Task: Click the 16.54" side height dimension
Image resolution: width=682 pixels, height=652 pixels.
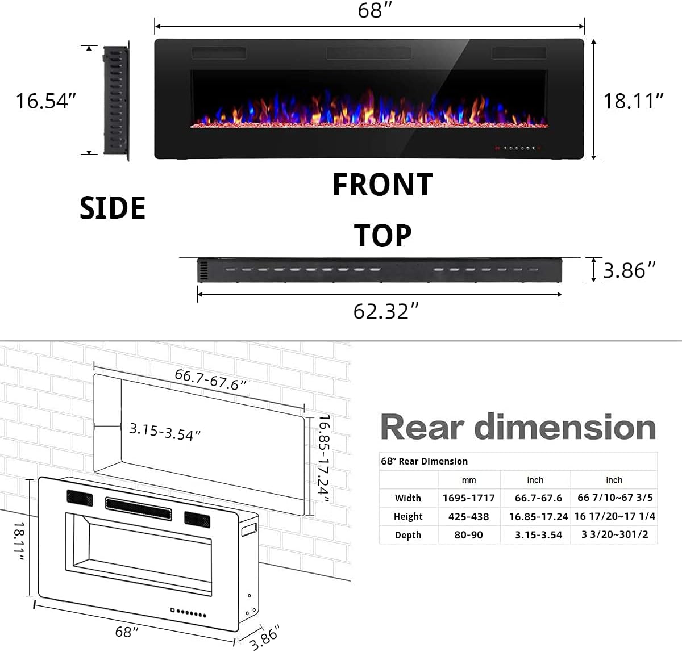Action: pos(45,101)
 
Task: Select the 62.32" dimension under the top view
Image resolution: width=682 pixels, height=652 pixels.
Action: pos(386,311)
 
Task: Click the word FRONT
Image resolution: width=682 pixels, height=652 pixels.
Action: pos(382,185)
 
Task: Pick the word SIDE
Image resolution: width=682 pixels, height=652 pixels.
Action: pos(113,208)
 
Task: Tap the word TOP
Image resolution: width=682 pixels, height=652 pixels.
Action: pos(382,236)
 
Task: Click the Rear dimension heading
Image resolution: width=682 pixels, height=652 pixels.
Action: pos(518,427)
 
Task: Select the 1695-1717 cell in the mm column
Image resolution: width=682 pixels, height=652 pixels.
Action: pos(468,498)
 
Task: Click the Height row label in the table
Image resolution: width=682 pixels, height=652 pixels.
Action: pos(408,516)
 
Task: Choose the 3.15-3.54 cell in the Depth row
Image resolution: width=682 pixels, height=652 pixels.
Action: pos(538,535)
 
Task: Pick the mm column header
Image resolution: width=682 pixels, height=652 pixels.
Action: pos(468,480)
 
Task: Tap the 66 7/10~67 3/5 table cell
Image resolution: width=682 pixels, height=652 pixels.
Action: pos(615,498)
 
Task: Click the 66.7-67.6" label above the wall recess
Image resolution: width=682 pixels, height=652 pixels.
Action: pos(210,379)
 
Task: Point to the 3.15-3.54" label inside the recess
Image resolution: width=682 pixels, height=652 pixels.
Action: pos(165,432)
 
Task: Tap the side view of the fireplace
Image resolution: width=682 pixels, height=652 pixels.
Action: pos(116,101)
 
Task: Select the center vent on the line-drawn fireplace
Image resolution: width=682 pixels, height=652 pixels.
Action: pos(138,507)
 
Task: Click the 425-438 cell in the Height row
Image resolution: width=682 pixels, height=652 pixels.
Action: pos(468,516)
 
